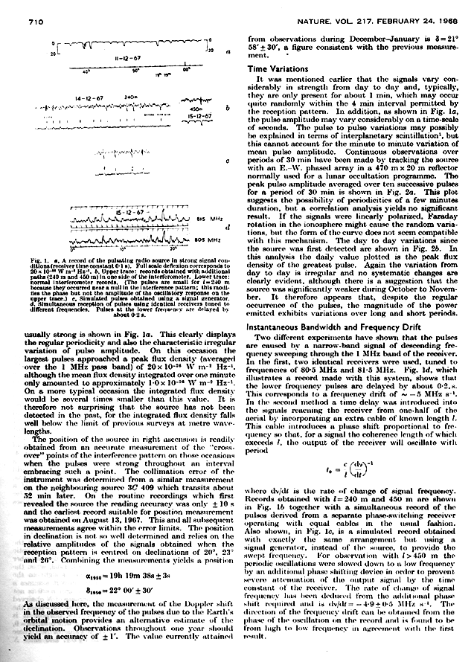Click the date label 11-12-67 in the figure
coord(120,56)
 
